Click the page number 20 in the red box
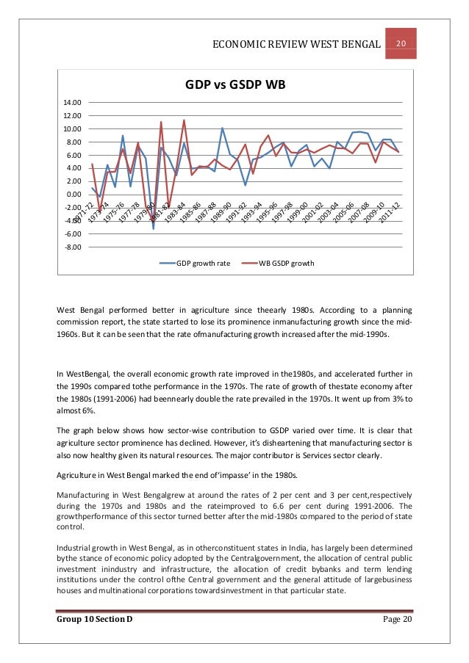[402, 43]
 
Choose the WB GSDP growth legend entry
[286, 263]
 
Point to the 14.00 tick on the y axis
[74, 103]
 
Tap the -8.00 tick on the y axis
[74, 247]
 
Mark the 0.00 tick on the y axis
[74, 195]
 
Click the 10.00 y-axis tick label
[74, 129]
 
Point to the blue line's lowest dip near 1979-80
[154, 229]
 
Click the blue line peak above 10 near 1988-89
[223, 128]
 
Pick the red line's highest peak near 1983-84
[184, 120]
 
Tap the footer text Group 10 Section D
[94, 621]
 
